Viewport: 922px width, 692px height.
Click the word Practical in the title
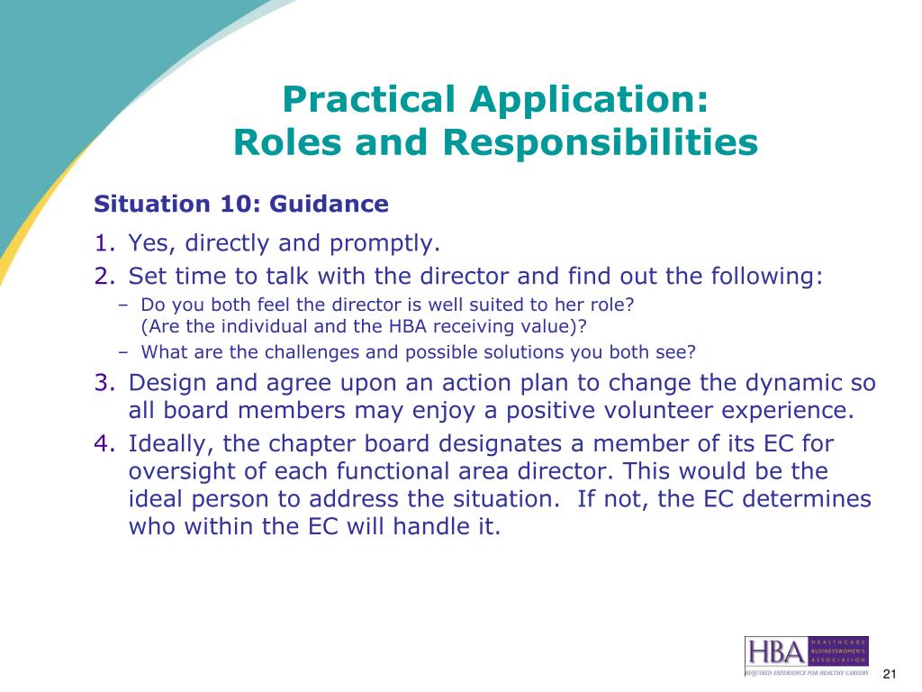click(x=368, y=99)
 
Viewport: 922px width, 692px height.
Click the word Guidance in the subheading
click(x=329, y=204)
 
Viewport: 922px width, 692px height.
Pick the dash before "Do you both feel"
click(x=122, y=305)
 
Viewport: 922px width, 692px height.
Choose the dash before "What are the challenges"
click(x=122, y=352)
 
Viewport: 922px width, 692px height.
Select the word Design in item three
click(x=167, y=383)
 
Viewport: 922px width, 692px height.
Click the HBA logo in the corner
click(x=806, y=656)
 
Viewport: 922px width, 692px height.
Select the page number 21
click(x=889, y=674)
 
